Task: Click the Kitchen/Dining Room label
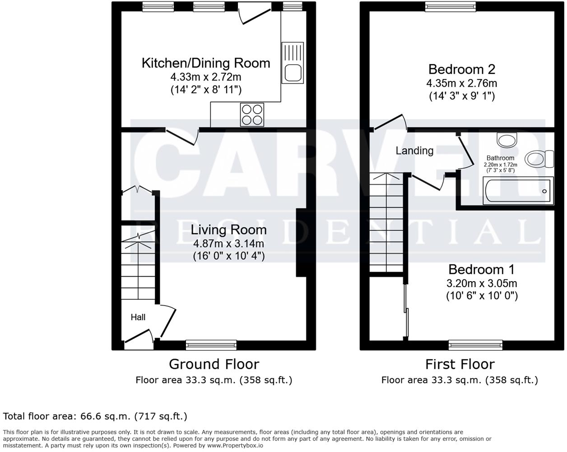tap(206, 63)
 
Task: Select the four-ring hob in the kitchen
tap(252, 114)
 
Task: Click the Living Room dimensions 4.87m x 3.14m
tap(228, 244)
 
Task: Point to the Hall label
tap(138, 317)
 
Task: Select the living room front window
tap(211, 345)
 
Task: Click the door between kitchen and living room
tap(182, 136)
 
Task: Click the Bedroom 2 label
tap(461, 69)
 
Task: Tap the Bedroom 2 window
tap(450, 6)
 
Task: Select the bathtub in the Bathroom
tap(518, 191)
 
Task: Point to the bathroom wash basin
tap(507, 139)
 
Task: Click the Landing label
tap(414, 151)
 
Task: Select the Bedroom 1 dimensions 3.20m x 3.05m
tap(482, 283)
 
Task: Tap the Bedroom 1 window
tap(475, 345)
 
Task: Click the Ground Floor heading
tap(214, 364)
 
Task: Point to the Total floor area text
tap(95, 416)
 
